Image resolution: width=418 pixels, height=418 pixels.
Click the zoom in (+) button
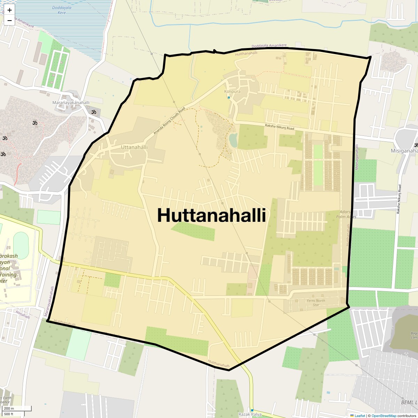point(9,10)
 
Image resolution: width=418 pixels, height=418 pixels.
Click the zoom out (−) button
point(9,20)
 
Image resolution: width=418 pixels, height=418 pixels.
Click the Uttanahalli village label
point(134,147)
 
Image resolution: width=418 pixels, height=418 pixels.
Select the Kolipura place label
point(232,92)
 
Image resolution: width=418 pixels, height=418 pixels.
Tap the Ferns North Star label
point(316,303)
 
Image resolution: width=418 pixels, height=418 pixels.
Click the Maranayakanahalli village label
point(71,103)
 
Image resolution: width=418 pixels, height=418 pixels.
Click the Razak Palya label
point(250,415)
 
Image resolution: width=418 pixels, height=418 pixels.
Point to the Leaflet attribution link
point(360,416)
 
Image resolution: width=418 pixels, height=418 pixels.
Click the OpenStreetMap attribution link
point(384,416)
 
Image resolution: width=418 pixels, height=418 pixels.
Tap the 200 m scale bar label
point(9,409)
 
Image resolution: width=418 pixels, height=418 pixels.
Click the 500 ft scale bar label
point(9,414)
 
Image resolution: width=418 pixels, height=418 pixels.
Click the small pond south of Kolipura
point(233,140)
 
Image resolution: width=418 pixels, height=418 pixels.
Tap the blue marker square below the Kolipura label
point(229,98)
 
